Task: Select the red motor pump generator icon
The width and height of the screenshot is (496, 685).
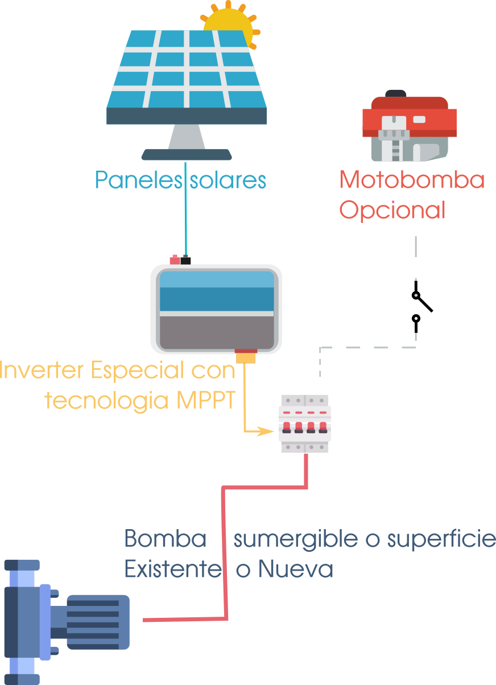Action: click(x=410, y=127)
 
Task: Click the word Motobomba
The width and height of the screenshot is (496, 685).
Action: click(x=412, y=180)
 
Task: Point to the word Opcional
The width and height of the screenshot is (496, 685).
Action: click(x=392, y=210)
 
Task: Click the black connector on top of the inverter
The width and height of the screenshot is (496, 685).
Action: click(x=186, y=260)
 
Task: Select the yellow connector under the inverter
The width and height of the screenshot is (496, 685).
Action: click(x=246, y=357)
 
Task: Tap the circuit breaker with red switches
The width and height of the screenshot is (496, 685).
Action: click(x=304, y=423)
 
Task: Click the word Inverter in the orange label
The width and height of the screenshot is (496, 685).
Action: click(x=43, y=371)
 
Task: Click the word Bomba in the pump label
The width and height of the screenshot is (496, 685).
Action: click(x=165, y=538)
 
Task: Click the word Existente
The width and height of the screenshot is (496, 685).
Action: click(x=172, y=569)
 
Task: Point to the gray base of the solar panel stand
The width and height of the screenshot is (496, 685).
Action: click(x=187, y=154)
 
